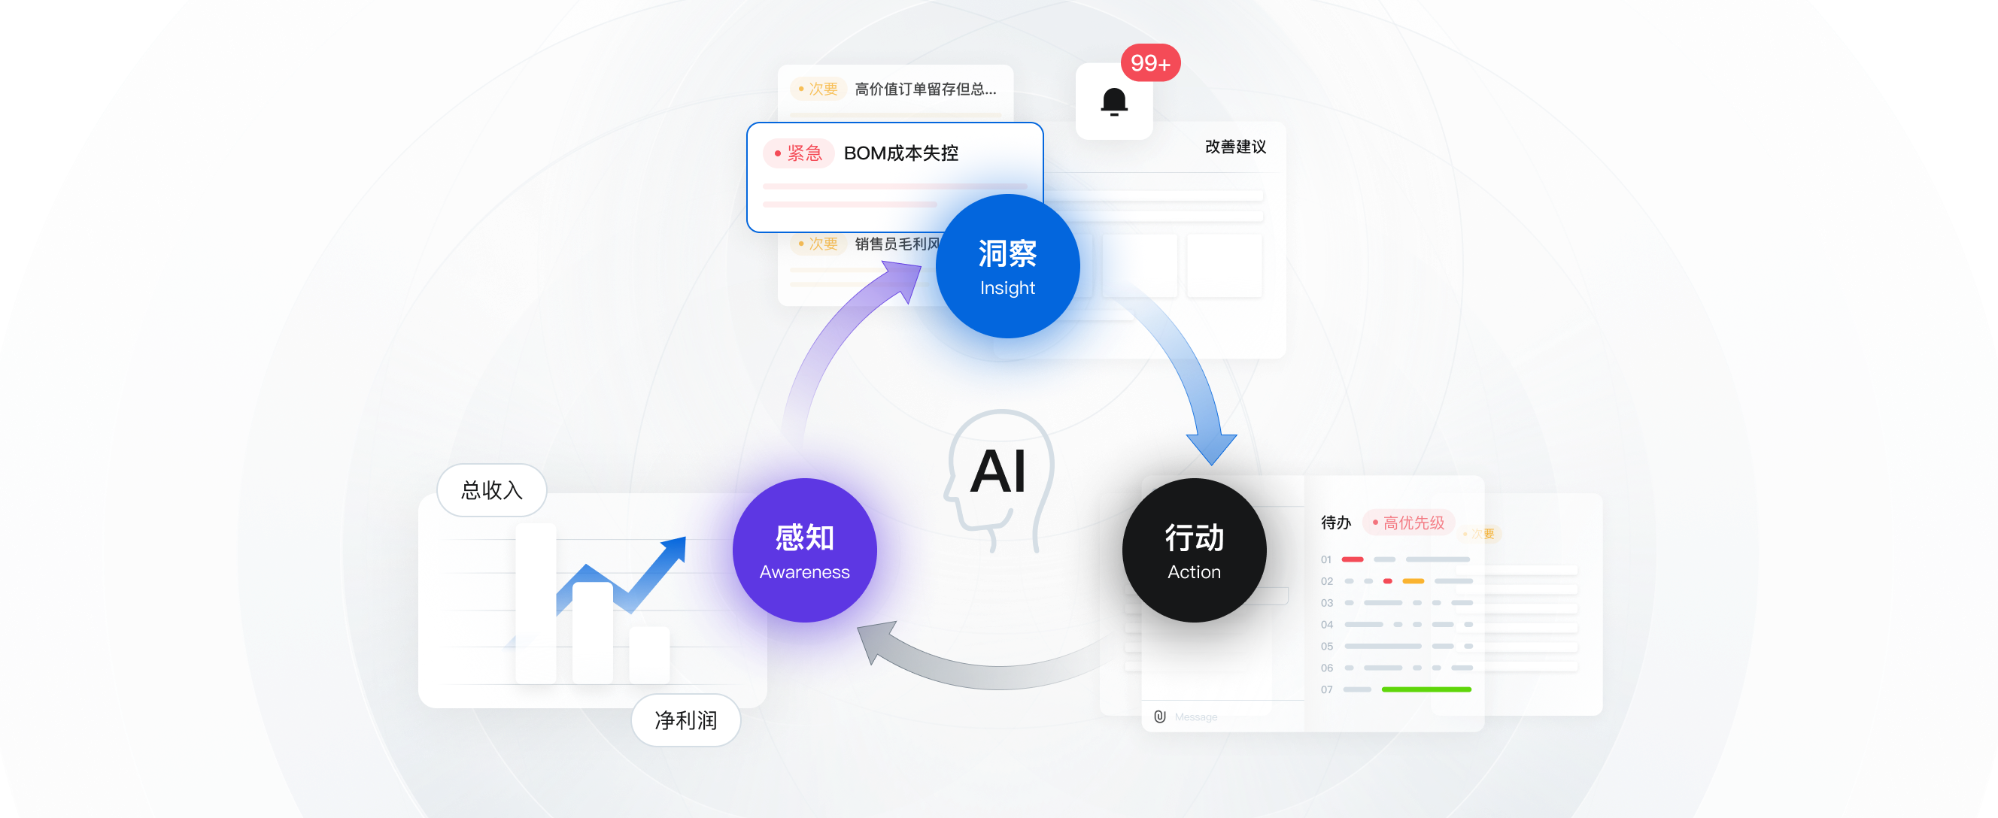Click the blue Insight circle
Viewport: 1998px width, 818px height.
click(1007, 266)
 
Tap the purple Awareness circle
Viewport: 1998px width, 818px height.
click(804, 550)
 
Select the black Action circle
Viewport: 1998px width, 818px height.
click(1194, 550)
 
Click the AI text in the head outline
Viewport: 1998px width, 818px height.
click(998, 471)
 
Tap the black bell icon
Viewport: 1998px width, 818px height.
click(1114, 101)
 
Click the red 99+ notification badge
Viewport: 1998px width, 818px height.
click(1150, 63)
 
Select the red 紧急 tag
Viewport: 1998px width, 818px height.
click(798, 153)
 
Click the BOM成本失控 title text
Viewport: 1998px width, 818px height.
click(900, 153)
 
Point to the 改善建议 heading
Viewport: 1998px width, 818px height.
click(1234, 147)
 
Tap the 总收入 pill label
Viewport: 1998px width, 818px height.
click(492, 490)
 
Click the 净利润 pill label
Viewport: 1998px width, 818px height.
click(685, 720)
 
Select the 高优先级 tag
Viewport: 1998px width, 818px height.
click(1408, 523)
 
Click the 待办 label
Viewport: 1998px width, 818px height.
click(1335, 523)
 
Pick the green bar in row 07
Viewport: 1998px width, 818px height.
click(1426, 689)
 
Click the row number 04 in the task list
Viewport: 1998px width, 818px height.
click(1326, 624)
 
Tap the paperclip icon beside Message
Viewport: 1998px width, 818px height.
click(1159, 717)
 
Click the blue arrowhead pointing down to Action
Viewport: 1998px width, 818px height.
click(1212, 449)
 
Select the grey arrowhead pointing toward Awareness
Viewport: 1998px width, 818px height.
click(874, 641)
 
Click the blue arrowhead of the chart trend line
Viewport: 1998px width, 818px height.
click(674, 548)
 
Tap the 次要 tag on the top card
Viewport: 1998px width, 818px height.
click(818, 89)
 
